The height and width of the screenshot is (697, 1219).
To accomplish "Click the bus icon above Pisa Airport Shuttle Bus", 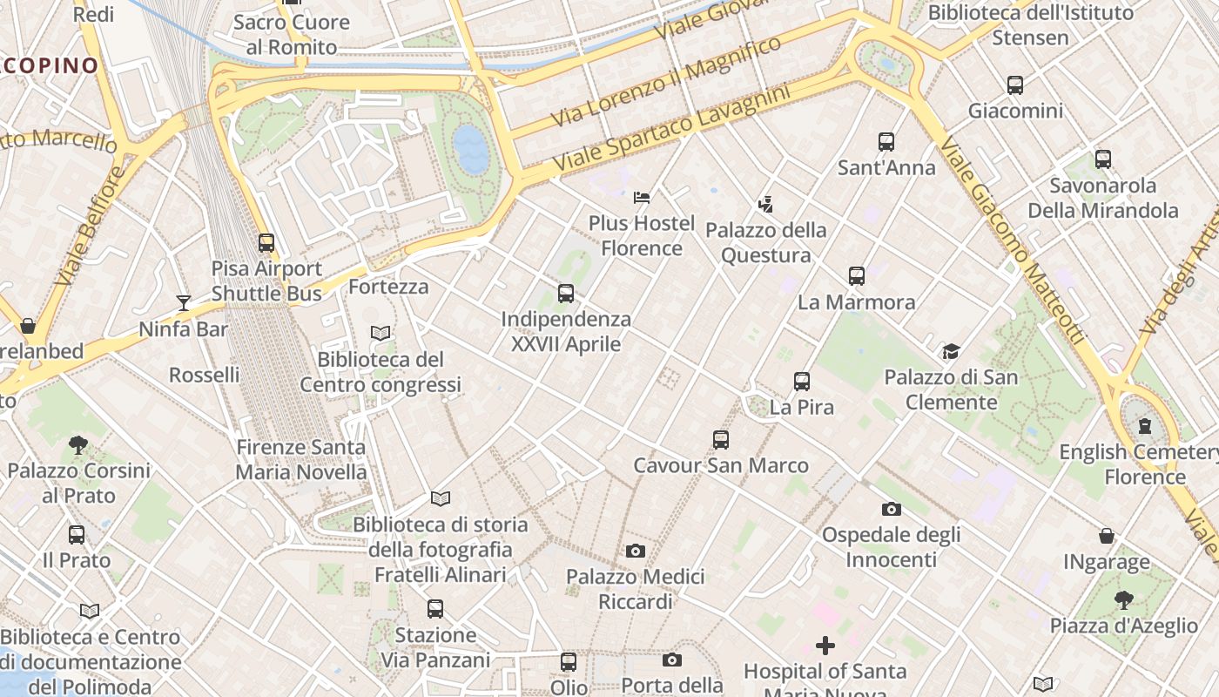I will [266, 243].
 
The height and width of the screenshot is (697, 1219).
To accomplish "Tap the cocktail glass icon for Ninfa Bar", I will [184, 303].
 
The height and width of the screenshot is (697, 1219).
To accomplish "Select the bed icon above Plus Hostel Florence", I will [642, 198].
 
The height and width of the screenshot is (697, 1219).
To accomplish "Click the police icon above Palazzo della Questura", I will [765, 205].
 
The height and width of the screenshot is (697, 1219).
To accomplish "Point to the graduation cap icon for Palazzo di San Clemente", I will [951, 352].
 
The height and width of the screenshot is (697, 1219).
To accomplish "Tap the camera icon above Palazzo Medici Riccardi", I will [636, 551].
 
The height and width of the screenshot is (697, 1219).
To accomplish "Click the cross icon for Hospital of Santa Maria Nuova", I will [825, 646].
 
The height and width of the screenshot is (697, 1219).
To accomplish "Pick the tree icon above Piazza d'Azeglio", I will [1123, 599].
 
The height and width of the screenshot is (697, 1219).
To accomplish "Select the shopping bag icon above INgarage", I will [1106, 536].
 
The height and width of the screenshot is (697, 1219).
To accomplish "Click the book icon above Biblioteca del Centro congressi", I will [381, 333].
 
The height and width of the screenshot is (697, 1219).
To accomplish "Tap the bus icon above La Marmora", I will [857, 276].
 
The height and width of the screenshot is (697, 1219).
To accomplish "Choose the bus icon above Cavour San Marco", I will [720, 440].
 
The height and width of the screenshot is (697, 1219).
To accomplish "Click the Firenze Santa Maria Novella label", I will [301, 459].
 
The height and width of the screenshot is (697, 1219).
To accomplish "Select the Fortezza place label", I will [388, 287].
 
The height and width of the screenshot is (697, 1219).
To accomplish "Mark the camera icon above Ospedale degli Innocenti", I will [891, 509].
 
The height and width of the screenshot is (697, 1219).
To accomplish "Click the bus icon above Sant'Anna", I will [886, 142].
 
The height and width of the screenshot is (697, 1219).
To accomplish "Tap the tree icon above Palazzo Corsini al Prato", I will [78, 445].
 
